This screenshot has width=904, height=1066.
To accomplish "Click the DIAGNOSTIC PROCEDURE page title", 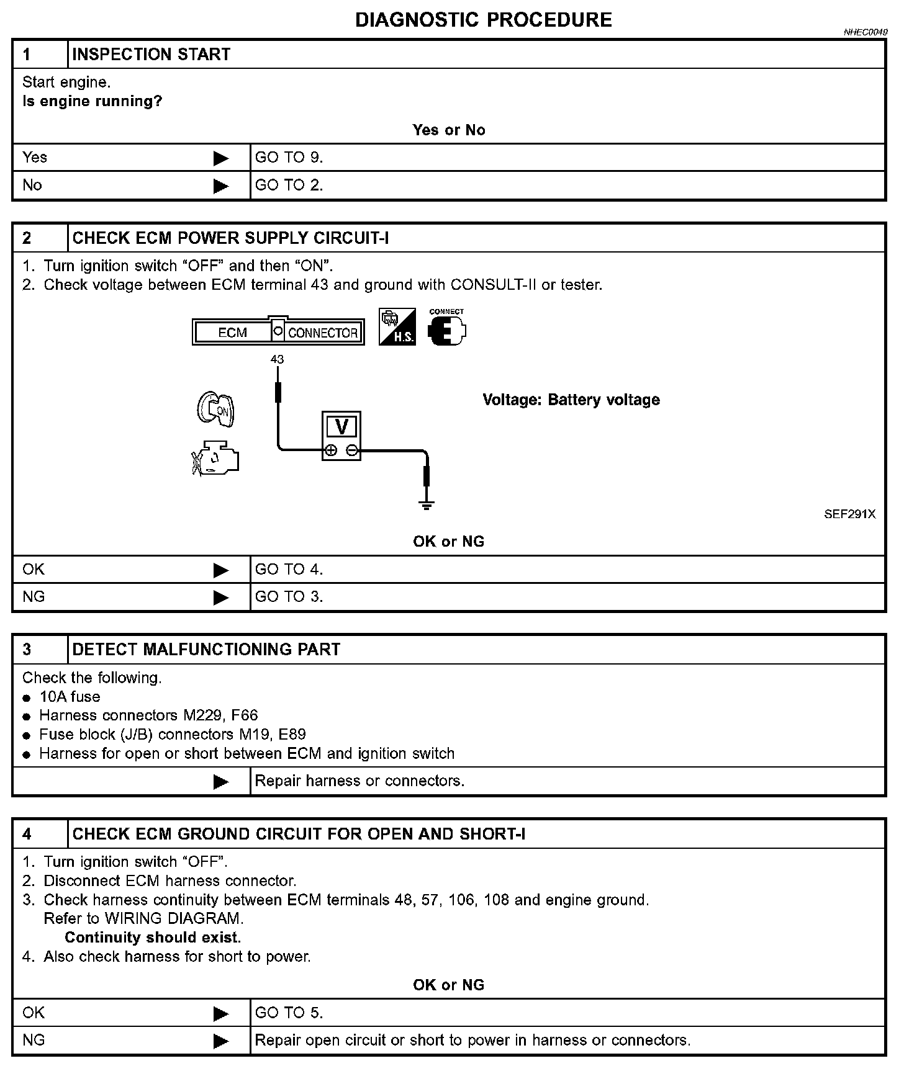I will pos(483,20).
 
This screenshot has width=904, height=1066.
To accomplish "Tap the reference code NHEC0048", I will pos(865,32).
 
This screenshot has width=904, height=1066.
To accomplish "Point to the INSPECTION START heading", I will pos(151,55).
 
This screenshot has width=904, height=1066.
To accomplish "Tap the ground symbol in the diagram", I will pos(427,504).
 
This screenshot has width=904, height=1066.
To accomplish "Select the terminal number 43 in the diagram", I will pos(277,359).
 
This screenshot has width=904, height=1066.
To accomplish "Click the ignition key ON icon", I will pos(216,409).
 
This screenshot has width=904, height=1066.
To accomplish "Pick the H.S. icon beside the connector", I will pos(397,327).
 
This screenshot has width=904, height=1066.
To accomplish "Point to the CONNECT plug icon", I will pos(446,329).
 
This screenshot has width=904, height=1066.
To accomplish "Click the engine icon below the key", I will pos(215,459).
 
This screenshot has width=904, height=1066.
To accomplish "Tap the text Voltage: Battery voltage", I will pos(571,400).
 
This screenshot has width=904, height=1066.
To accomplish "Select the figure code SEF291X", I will pos(849,514).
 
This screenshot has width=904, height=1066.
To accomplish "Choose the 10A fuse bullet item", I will pos(70,697).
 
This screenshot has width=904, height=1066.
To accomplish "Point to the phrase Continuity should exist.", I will pos(153,937).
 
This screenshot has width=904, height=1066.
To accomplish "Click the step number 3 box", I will pos(27,650).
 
